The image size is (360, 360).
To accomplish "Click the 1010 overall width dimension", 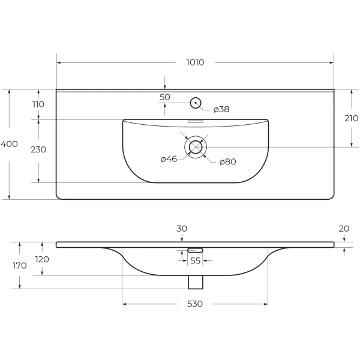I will point(195,62).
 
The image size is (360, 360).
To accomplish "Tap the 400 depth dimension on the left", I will point(10,144).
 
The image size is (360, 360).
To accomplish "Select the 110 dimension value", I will point(38,104).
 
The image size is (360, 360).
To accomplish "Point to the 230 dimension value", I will point(38,149).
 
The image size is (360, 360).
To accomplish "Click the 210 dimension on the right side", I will point(352,118).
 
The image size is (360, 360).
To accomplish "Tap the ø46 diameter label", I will point(169,159).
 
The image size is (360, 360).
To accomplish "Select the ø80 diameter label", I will point(227,161).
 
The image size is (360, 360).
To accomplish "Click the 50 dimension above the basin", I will point(165,97).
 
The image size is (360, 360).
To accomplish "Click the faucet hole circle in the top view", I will point(195,103).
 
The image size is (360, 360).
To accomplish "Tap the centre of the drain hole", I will point(196,147).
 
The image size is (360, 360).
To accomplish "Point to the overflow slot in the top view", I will point(196,121).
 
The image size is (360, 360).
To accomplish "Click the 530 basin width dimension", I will point(195,304).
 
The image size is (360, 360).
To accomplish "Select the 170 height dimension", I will point(20,266).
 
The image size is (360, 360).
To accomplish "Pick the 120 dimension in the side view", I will point(42,260).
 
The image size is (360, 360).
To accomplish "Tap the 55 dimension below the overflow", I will point(195,261).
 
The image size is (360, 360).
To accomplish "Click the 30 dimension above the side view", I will point(182,229).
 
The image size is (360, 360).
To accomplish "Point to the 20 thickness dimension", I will point(344,229).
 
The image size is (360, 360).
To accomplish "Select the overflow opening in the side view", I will point(196,250).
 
